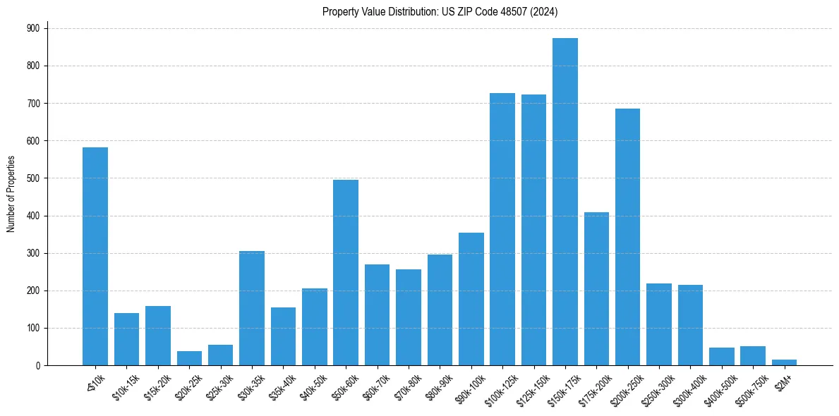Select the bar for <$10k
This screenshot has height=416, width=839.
(95, 257)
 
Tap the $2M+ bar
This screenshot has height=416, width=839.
(784, 362)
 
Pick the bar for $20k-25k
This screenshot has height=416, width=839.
(189, 358)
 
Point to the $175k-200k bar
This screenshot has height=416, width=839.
(596, 289)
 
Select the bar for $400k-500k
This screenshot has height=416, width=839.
(721, 357)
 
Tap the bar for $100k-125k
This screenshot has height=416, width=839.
(502, 229)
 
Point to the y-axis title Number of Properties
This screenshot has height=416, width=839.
(11, 194)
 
